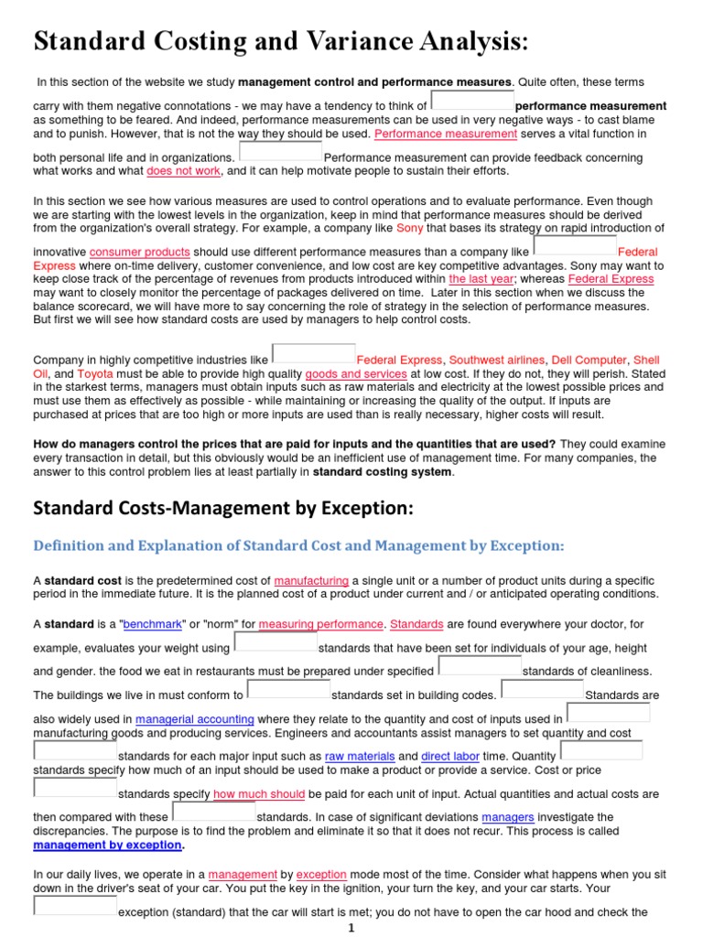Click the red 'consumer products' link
pyautogui.click(x=140, y=252)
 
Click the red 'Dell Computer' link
pyautogui.click(x=589, y=361)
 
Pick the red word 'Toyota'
pyautogui.click(x=95, y=374)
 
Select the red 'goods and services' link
pyautogui.click(x=356, y=374)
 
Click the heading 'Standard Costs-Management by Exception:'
pyautogui.click(x=224, y=508)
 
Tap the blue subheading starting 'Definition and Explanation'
pyautogui.click(x=298, y=546)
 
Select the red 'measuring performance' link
pyautogui.click(x=320, y=624)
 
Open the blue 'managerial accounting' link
pyautogui.click(x=196, y=720)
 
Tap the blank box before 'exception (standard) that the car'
pyautogui.click(x=75, y=906)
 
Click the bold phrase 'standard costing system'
pyautogui.click(x=383, y=472)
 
